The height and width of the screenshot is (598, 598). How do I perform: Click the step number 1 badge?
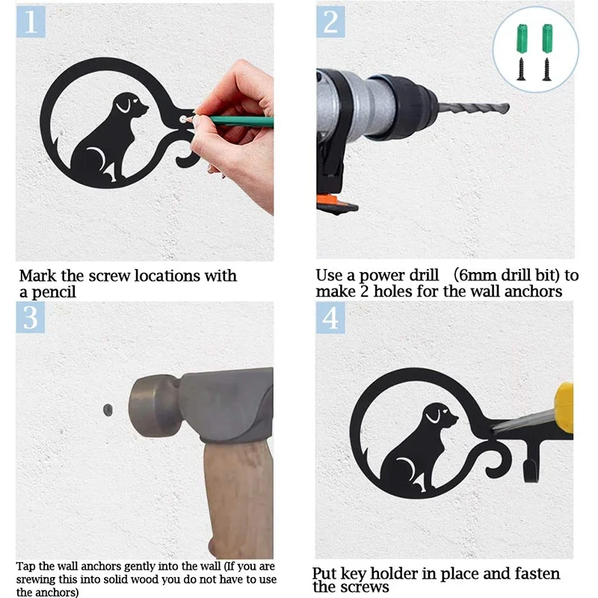[x=31, y=22]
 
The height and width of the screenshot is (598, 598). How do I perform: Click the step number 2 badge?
[x=330, y=22]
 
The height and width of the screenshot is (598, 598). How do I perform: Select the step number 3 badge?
[x=31, y=317]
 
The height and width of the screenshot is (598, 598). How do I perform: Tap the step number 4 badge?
[x=330, y=318]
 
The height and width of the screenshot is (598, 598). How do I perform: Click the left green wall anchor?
[x=521, y=39]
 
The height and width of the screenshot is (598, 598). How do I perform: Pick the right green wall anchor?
[x=547, y=39]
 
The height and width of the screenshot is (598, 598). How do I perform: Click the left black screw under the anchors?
[x=521, y=69]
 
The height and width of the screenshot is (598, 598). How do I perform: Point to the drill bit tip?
[x=508, y=108]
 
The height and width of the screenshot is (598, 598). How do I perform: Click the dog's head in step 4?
[x=441, y=415]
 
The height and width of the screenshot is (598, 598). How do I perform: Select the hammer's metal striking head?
[x=155, y=406]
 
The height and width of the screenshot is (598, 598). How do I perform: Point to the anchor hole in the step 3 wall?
[x=108, y=410]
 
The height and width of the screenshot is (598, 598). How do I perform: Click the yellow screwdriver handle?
[x=564, y=407]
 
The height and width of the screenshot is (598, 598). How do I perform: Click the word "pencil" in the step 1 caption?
[x=53, y=292]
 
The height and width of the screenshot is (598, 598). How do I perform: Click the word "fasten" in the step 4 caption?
[x=537, y=573]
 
